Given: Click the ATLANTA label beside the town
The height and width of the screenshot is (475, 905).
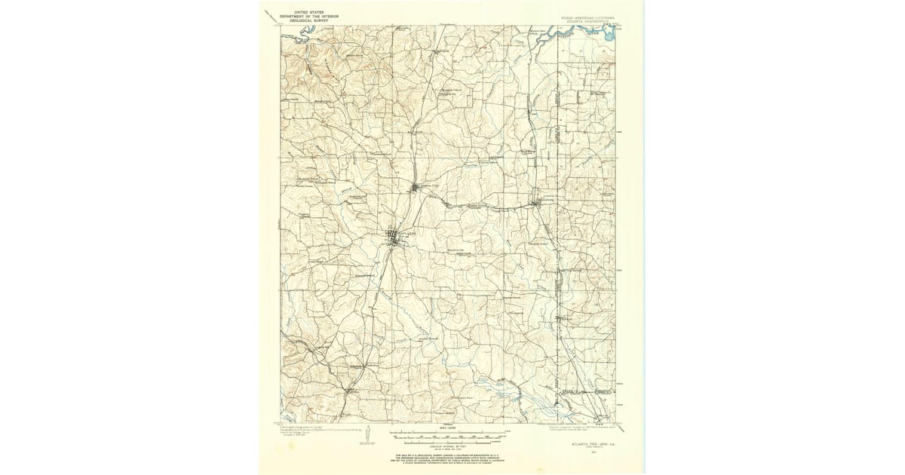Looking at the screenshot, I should tap(407, 234).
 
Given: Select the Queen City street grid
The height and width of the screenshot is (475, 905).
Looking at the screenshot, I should tap(416, 187).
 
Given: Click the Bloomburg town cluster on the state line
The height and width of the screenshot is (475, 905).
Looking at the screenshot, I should tap(537, 202).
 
